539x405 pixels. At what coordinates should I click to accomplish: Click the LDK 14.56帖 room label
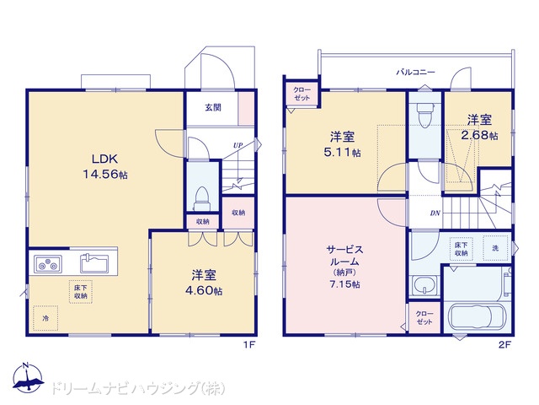(104, 167)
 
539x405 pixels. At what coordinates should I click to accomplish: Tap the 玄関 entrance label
(213, 107)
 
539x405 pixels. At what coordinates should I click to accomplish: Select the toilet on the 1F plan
(202, 199)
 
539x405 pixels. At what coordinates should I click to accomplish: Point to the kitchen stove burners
(48, 264)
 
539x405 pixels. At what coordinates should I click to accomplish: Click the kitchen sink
(94, 263)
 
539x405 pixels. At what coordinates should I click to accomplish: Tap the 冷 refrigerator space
(45, 318)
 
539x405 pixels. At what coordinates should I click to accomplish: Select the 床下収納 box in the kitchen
(81, 292)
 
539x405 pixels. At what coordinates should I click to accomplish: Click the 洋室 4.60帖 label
(204, 283)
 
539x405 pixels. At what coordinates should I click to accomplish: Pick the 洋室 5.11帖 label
(343, 144)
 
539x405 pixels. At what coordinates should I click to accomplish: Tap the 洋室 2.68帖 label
(479, 127)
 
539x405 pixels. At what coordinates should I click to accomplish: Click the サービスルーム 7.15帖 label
(344, 267)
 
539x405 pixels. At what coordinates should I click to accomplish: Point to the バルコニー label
(415, 73)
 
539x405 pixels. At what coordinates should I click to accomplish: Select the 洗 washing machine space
(495, 247)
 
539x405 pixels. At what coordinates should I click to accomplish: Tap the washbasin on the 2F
(424, 285)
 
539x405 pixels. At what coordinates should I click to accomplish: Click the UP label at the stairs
(237, 145)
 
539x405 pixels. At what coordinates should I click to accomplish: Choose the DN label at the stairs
(435, 213)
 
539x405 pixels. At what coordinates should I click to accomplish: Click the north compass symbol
(28, 377)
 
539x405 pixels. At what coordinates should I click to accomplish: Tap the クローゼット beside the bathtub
(424, 317)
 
